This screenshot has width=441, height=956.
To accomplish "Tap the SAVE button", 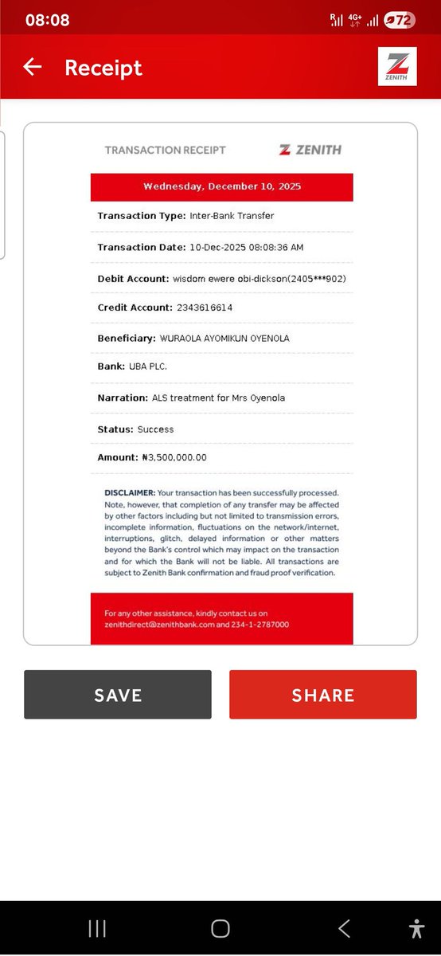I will pos(118,695).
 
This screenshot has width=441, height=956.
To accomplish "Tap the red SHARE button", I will pos(323,695).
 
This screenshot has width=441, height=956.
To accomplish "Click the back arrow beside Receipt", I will pos(33,67).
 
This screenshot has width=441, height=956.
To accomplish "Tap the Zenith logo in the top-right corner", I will pos(397,66).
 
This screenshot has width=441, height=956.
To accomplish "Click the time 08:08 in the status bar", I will pos(48,20).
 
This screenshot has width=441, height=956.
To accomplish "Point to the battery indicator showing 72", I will pos(400,20).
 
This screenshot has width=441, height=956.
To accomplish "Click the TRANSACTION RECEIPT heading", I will pos(166,150).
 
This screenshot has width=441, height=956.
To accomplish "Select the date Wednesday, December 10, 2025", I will pos(222,186).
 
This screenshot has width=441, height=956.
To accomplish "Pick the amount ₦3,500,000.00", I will pos(174,457).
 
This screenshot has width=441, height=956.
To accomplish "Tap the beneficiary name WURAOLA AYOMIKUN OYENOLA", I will pos(225,338).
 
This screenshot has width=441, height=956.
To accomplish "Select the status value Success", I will pos(155,429).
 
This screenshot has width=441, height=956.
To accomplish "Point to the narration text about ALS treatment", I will pos(218,398).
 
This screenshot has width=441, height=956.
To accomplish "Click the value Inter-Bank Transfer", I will pos(232,216).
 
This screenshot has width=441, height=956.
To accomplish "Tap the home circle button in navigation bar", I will pos(220,928).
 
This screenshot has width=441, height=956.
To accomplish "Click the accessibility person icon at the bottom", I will pos(416,928).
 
